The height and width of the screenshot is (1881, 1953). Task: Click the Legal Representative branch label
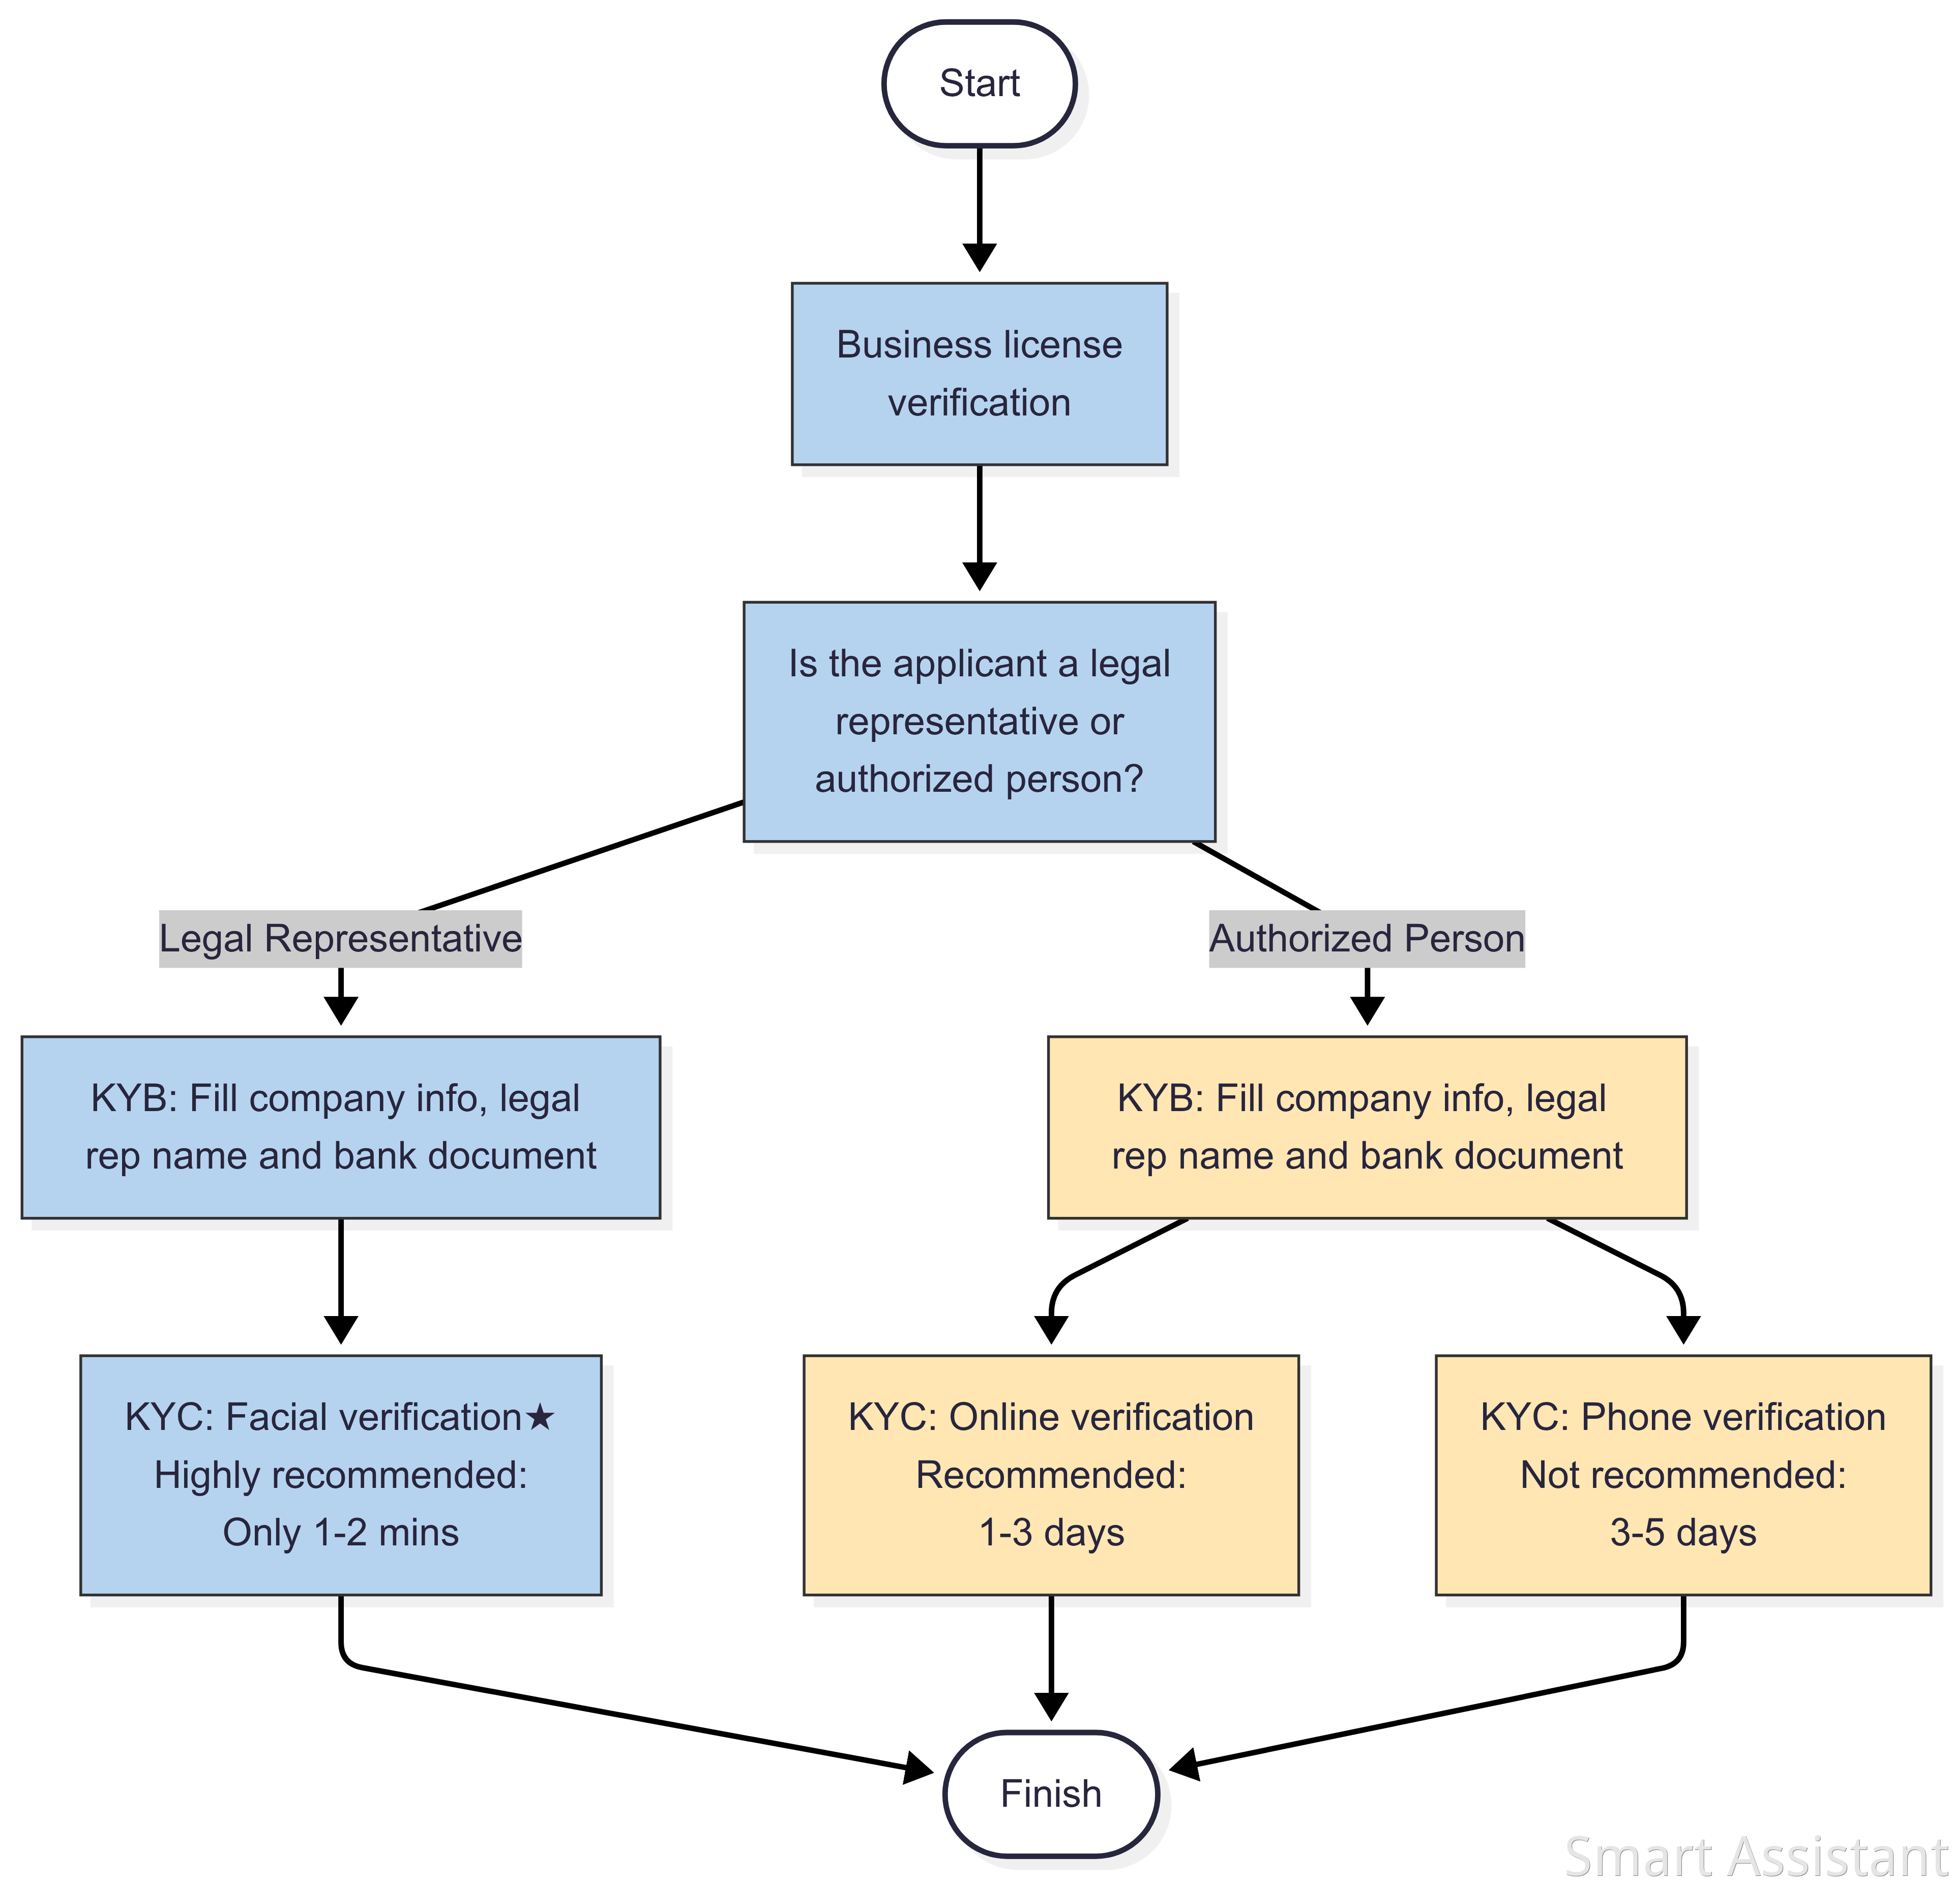pos(341,939)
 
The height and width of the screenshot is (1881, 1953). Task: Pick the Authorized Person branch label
pos(1367,939)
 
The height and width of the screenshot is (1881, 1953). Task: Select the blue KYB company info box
pos(341,1127)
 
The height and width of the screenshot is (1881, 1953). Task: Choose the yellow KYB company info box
pos(1367,1127)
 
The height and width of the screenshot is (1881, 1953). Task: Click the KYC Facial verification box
pos(341,1475)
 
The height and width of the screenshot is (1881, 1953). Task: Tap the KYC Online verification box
pos(1051,1475)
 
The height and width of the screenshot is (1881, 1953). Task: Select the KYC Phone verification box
pos(1683,1475)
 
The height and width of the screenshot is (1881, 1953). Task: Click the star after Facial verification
pos(539,1416)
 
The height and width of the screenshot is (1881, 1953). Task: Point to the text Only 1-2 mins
pos(341,1532)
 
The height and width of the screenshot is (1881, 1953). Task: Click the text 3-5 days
pos(1683,1532)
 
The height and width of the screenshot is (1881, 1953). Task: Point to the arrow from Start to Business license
pos(980,209)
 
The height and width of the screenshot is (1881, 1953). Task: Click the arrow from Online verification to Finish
pos(1051,1658)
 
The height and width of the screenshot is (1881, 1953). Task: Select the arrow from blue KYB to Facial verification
pos(341,1281)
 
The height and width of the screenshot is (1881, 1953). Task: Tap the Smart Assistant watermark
pos(1756,1855)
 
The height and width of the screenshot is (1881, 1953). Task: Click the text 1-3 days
pos(1051,1532)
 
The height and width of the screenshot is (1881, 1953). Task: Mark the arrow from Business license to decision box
pos(980,528)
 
